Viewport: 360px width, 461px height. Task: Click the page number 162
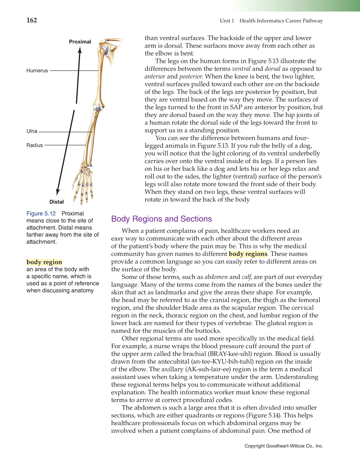coord(32,20)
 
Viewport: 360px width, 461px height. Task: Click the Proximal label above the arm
coord(80,42)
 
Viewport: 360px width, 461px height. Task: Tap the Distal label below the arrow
coord(57,202)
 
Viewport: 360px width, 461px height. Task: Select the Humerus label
coord(37,71)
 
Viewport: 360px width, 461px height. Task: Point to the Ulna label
coord(32,131)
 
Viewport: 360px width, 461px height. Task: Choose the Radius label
coord(35,145)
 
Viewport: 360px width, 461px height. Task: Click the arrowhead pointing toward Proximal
coord(80,51)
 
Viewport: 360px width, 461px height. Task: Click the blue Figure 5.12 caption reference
coord(41,214)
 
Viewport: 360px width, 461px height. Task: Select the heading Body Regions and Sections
coord(161,219)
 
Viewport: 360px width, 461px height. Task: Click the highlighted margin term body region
coord(44,262)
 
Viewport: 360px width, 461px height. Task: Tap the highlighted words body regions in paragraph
coord(248,254)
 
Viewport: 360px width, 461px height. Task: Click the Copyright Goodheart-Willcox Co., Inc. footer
coord(283,446)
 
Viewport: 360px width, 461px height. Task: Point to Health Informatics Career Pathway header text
coord(281,21)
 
